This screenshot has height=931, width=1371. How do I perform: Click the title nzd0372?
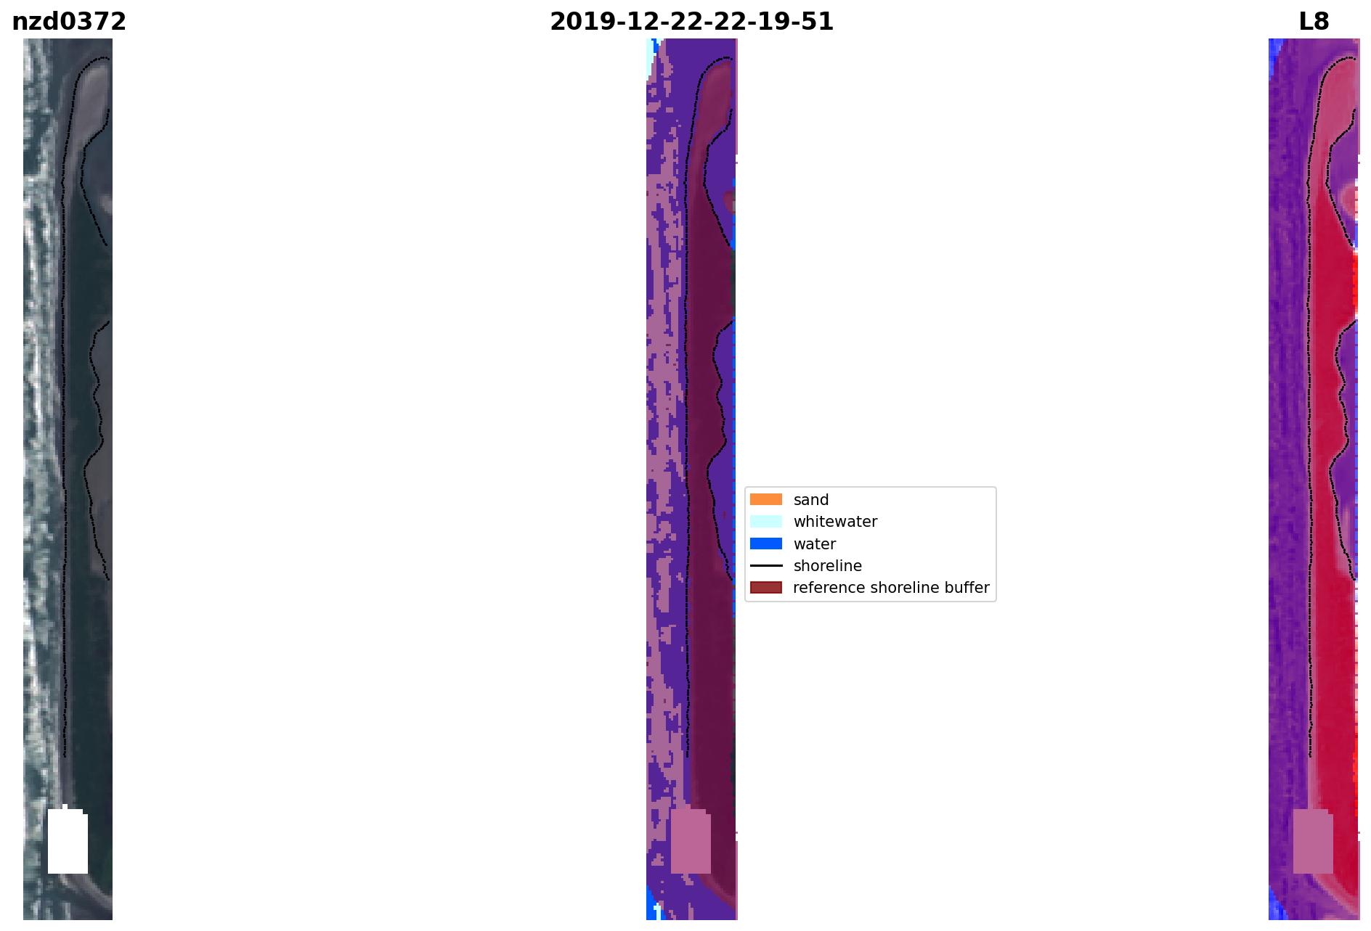[x=69, y=22]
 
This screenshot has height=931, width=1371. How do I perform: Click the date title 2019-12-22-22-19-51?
[x=691, y=22]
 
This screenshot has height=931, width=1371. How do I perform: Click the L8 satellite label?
[x=1314, y=22]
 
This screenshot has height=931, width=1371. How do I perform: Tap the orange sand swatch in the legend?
[x=766, y=499]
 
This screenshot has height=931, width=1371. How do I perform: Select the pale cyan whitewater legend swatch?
[x=766, y=521]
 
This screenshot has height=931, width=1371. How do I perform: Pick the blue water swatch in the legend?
[x=766, y=544]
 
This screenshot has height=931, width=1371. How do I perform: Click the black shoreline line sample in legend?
[x=766, y=565]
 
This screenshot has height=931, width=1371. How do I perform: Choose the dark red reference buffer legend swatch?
[x=766, y=587]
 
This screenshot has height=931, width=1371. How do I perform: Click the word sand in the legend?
[x=811, y=500]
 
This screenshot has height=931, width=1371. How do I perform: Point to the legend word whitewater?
[x=835, y=522]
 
